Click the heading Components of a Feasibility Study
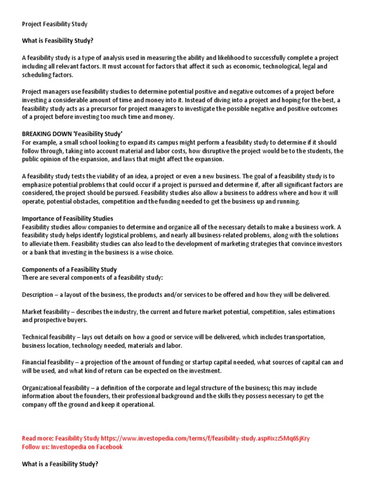click(69, 269)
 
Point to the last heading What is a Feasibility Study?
click(60, 464)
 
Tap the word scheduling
click(37, 75)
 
